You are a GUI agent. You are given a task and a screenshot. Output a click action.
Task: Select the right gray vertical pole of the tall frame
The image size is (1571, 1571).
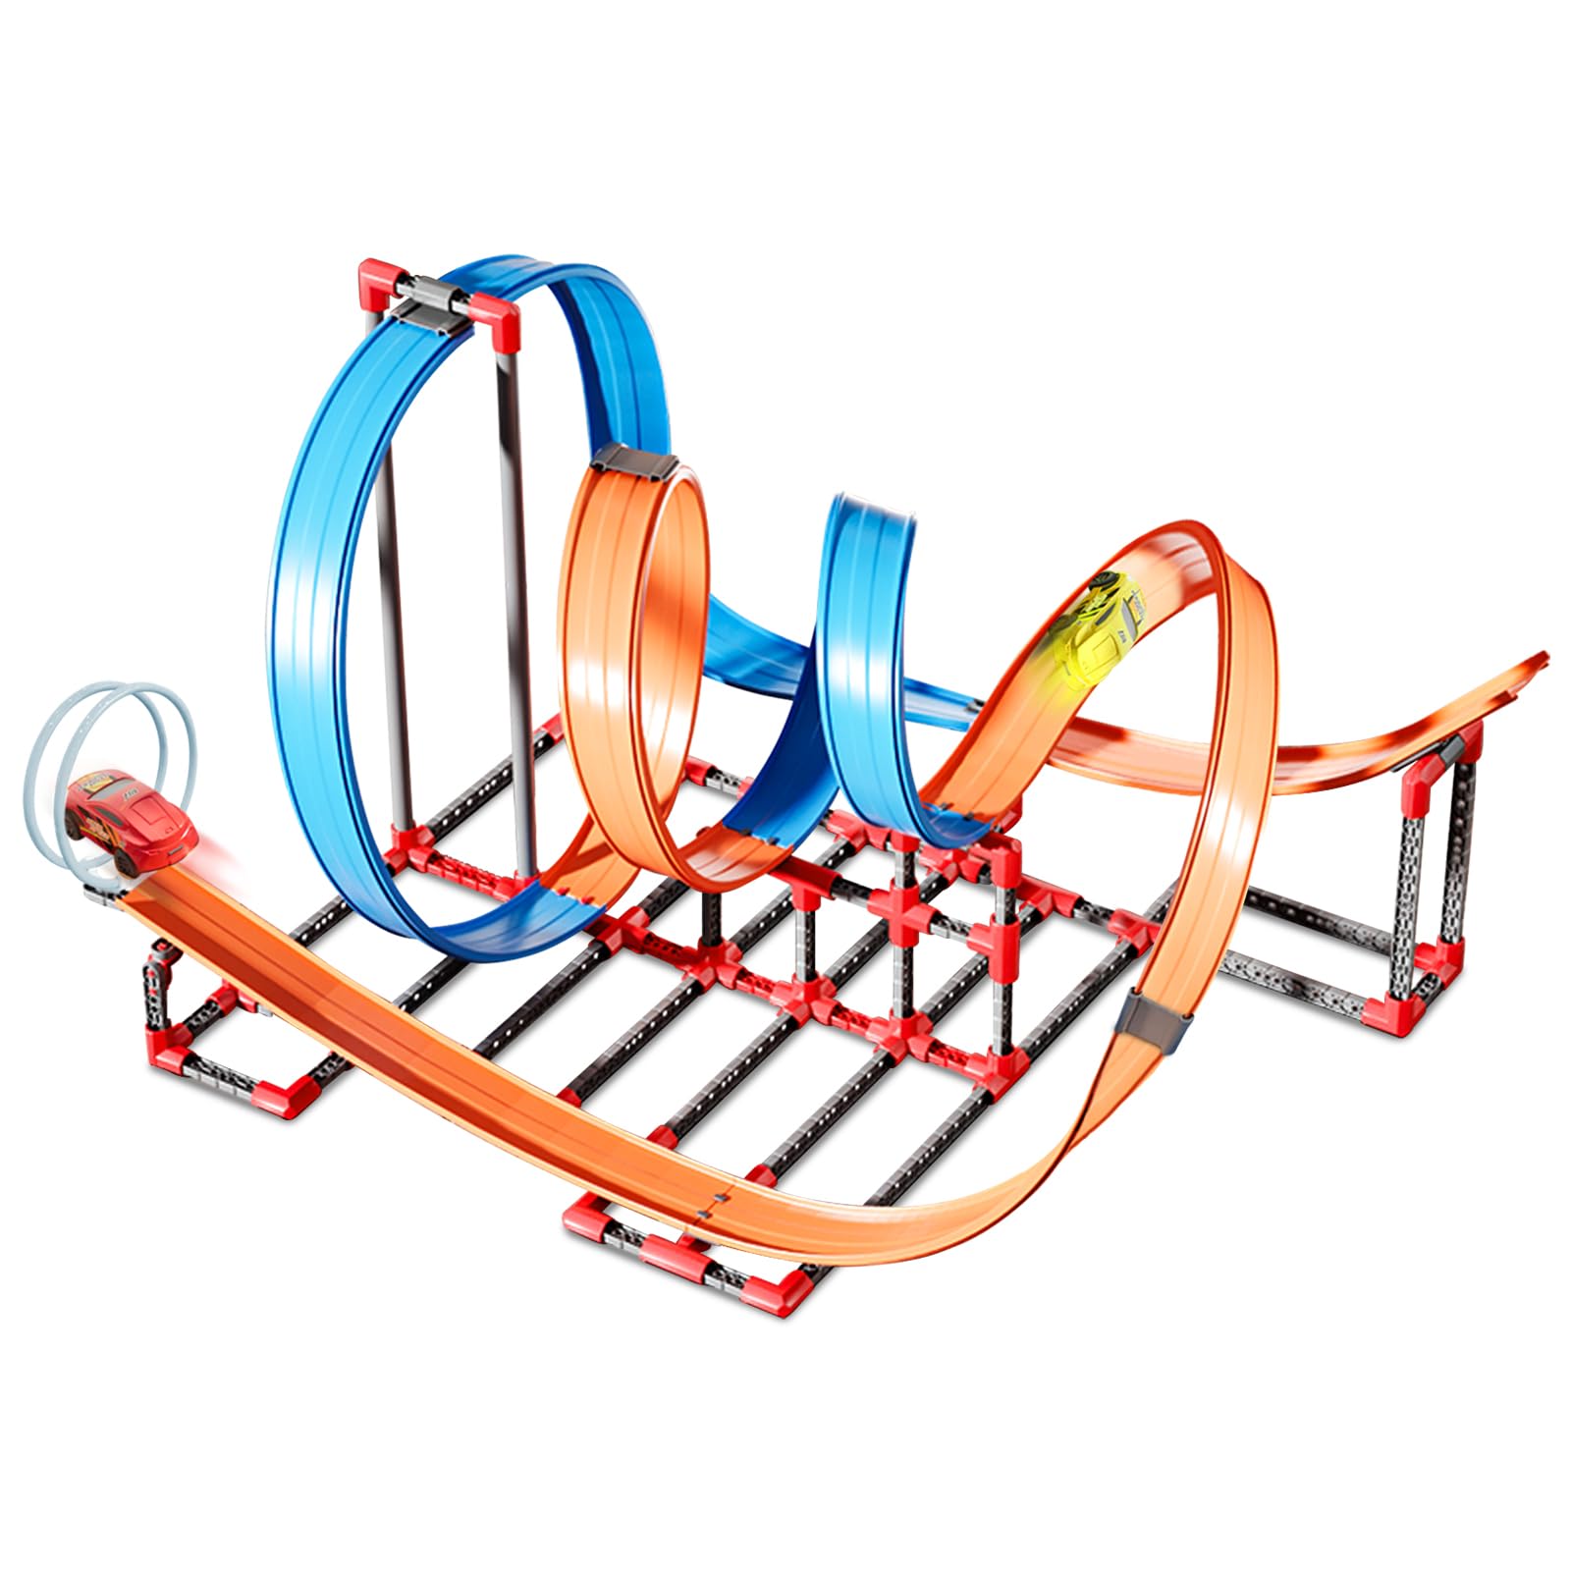(516, 589)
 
